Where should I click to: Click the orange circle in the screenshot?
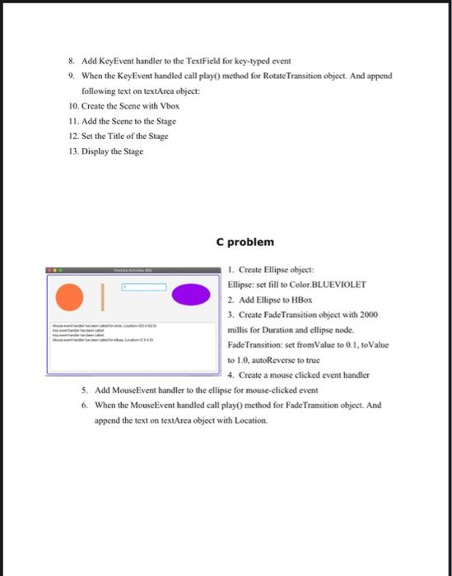pos(69,295)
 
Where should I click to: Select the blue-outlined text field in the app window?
pos(144,287)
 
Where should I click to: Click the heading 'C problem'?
pos(245,242)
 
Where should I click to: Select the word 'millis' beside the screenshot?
pos(239,330)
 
